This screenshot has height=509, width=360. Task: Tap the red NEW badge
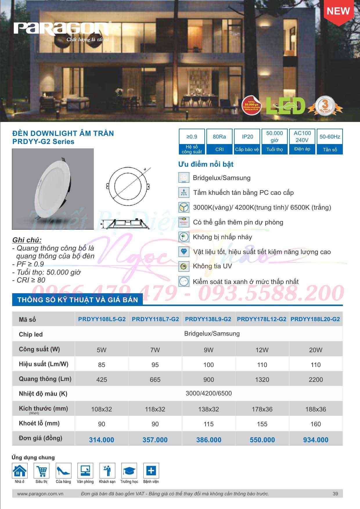tap(338, 12)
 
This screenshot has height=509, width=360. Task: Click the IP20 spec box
tap(247, 141)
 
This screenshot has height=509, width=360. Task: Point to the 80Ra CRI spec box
tap(219, 141)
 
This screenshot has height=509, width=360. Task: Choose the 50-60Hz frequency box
tap(330, 141)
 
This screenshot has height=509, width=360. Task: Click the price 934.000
tap(316, 440)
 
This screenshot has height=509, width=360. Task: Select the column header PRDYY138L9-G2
tap(208, 319)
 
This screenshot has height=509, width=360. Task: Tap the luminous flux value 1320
tap(262, 379)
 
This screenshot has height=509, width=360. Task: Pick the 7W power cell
tap(155, 350)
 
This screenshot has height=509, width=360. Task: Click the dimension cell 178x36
tap(262, 409)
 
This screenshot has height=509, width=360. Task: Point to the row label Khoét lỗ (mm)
tap(39, 423)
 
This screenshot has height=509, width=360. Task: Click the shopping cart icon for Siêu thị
tap(42, 471)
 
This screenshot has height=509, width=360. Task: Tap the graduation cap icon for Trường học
tap(129, 471)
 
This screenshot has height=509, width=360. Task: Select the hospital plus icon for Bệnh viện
tap(151, 471)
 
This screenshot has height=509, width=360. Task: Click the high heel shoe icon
tap(63, 471)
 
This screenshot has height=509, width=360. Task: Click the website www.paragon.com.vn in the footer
tap(40, 494)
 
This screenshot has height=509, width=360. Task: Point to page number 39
tap(335, 494)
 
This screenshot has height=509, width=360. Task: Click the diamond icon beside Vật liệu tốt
tap(184, 251)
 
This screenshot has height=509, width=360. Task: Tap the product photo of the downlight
tap(53, 189)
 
